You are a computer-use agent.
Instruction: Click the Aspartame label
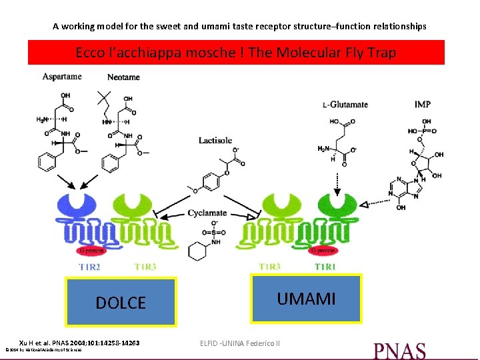click(x=62, y=77)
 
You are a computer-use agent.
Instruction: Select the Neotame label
click(x=123, y=77)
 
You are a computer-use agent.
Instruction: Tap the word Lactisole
click(x=215, y=141)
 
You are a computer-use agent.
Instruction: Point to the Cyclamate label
click(x=207, y=213)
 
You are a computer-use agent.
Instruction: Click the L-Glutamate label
click(x=345, y=105)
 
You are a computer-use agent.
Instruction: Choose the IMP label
click(x=422, y=105)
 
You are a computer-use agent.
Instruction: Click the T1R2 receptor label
click(x=91, y=267)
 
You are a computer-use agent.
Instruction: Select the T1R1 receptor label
click(x=326, y=267)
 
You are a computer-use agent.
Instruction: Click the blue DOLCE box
click(x=121, y=302)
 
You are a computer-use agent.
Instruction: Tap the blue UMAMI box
click(x=307, y=298)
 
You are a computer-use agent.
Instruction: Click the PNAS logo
click(x=399, y=350)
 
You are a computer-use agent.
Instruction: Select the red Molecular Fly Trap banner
click(x=236, y=52)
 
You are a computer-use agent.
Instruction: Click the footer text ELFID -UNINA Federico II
click(x=240, y=343)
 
